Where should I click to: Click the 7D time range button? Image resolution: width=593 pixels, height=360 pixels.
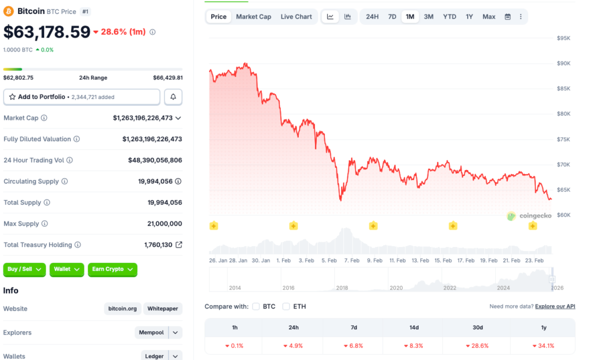pyautogui.click(x=392, y=17)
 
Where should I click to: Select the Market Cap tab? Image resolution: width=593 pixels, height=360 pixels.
pyautogui.click(x=253, y=17)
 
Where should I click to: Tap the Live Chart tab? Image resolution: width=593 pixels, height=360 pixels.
pyautogui.click(x=296, y=17)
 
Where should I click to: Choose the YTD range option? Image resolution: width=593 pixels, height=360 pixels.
pyautogui.click(x=449, y=17)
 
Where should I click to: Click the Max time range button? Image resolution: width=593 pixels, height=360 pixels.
pyautogui.click(x=489, y=17)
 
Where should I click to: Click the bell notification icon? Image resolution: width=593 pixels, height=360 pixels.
pyautogui.click(x=173, y=97)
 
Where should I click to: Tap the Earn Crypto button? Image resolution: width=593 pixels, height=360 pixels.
pyautogui.click(x=112, y=269)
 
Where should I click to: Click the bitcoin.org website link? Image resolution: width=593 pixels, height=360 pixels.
pyautogui.click(x=122, y=309)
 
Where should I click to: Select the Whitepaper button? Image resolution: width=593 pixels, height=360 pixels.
pyautogui.click(x=163, y=309)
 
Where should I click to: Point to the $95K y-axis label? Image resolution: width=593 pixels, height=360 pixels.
pyautogui.click(x=563, y=38)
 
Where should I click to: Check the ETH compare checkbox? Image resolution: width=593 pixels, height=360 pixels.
pyautogui.click(x=286, y=306)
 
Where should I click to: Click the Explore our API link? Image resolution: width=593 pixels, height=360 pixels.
pyautogui.click(x=555, y=306)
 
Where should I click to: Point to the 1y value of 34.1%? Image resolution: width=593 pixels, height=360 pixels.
pyautogui.click(x=544, y=346)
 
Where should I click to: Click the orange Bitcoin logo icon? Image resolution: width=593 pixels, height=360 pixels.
pyautogui.click(x=9, y=11)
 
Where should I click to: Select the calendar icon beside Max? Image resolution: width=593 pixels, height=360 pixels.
pyautogui.click(x=507, y=17)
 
